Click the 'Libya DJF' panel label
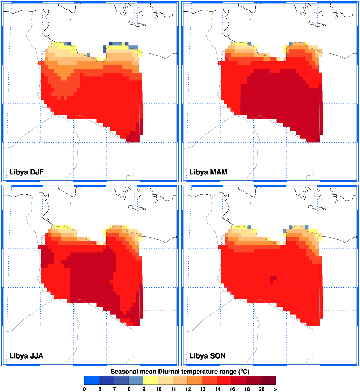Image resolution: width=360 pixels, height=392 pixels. [x=27, y=172]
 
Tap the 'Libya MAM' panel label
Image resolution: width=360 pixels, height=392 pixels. [x=208, y=172]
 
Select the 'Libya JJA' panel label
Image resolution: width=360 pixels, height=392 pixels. [x=26, y=356]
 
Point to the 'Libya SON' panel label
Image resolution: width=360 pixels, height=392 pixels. [x=207, y=356]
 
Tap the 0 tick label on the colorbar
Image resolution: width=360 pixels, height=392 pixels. [x=84, y=389]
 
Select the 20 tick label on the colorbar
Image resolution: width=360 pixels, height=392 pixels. [x=261, y=389]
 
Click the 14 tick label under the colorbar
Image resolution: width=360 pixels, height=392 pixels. [x=217, y=389]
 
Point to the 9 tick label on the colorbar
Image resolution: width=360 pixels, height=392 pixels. [x=144, y=389]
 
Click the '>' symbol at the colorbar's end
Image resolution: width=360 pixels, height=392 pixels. [x=276, y=389]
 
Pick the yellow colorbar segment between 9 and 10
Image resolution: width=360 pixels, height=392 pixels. [x=151, y=380]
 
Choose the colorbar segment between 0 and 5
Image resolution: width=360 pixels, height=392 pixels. [x=92, y=380]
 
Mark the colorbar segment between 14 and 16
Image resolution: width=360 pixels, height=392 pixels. [x=224, y=380]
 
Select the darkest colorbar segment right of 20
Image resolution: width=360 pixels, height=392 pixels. [x=268, y=380]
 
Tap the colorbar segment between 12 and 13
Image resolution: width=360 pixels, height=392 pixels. [x=195, y=380]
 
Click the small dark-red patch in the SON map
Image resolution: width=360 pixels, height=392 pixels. [x=273, y=279]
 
